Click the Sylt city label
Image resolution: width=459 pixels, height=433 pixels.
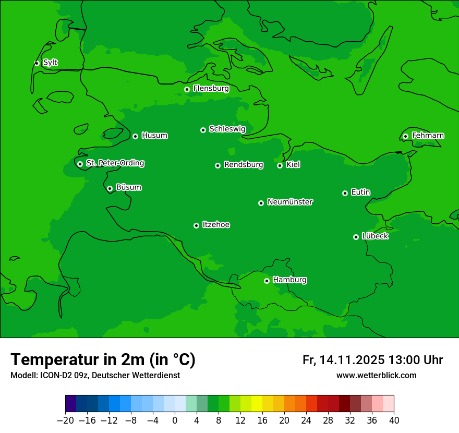tap(50, 63)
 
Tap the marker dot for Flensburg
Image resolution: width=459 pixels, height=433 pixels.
tap(187, 89)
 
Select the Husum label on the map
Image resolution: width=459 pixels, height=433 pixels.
tap(154, 136)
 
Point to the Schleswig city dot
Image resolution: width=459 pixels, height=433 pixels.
tap(203, 130)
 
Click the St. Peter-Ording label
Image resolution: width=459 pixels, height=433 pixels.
tap(115, 163)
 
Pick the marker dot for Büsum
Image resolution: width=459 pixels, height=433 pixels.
tap(110, 188)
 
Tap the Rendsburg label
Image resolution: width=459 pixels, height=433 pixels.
tap(244, 165)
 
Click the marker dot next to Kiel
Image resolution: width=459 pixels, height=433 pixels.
tap(280, 165)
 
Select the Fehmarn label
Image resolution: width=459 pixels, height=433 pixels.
tap(428, 136)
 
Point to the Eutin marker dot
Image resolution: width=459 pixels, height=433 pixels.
tap(345, 193)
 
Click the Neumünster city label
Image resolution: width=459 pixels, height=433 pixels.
tap(290, 202)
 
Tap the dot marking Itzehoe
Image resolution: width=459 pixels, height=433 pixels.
tap(196, 225)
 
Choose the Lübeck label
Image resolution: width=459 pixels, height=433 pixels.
tap(375, 236)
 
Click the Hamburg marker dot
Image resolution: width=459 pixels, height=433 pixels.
tap(267, 281)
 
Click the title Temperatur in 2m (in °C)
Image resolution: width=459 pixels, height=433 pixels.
tap(103, 359)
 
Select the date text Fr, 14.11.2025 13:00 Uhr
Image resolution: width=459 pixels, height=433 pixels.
tap(372, 360)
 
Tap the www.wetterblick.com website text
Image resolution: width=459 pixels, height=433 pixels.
tap(376, 375)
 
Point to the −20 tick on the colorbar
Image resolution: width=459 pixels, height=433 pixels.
tap(65, 420)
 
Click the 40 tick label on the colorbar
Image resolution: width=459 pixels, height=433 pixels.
tap(394, 420)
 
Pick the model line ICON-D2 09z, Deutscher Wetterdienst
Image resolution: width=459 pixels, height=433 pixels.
tap(95, 375)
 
